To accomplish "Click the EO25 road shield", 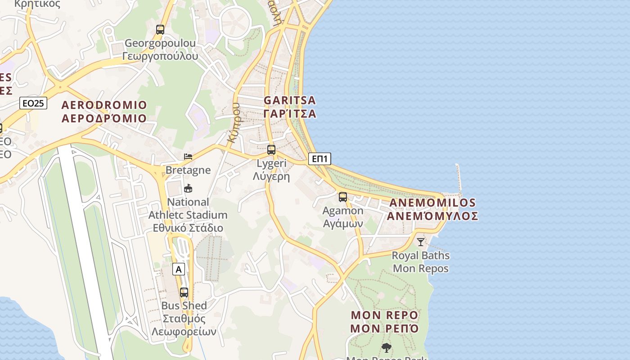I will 33,103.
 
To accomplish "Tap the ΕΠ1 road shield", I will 320,158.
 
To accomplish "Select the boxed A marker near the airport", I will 179,270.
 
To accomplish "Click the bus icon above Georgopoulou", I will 160,30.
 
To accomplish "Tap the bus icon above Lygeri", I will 271,150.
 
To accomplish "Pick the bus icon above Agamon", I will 343,197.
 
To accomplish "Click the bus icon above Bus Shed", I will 184,292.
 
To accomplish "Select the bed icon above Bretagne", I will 188,157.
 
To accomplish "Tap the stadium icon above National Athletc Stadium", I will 188,188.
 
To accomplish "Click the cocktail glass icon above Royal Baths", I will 421,242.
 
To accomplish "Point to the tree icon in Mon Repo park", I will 386,347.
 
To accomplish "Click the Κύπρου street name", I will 233,122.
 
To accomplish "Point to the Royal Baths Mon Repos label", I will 421,262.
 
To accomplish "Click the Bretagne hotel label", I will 188,170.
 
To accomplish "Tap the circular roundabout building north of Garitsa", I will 236,21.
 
